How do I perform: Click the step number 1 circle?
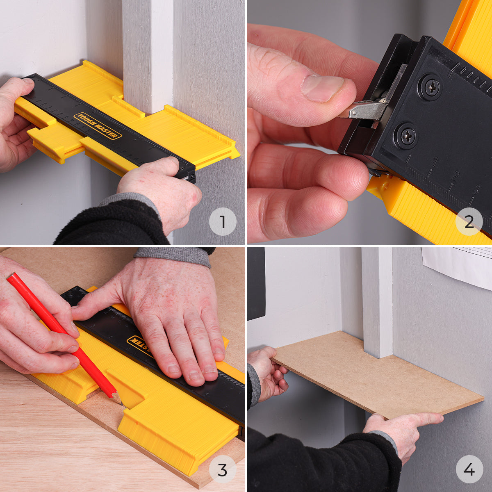pos(223,222)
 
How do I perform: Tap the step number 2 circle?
pos(469,222)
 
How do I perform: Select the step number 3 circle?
pos(223,469)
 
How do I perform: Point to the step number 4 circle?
pos(469,469)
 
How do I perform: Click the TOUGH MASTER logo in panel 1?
pos(98,126)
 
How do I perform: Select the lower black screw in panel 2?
pos(407,135)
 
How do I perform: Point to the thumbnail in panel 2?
pos(323,88)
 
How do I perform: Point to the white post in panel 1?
pos(148,53)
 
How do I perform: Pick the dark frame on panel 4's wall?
pos(256,283)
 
